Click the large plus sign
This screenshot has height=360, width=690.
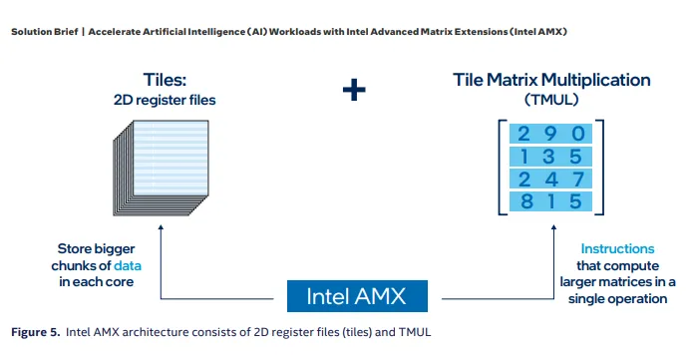354,90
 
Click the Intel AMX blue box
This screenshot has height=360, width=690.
357,296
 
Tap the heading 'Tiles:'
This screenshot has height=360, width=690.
165,80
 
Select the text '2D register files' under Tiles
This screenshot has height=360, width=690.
165,101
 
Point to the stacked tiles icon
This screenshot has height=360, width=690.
162,168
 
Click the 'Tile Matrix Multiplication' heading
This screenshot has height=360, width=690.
551,80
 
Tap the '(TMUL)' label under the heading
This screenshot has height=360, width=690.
551,100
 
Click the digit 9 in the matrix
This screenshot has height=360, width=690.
550,134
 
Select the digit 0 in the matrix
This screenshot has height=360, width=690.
577,134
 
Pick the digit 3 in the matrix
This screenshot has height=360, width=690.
548,157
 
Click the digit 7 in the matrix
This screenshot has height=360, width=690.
577,180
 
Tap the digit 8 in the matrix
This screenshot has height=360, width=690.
526,201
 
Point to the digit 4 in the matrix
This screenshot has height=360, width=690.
551,180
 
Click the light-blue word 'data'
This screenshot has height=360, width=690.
128,266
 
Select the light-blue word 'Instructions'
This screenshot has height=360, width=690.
617,248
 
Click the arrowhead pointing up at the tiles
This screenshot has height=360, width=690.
161,227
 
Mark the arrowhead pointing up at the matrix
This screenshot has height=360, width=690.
553,227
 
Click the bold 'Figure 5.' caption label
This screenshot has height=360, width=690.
36,332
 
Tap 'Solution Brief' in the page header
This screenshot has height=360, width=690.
45,32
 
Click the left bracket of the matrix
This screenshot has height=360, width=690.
500,168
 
